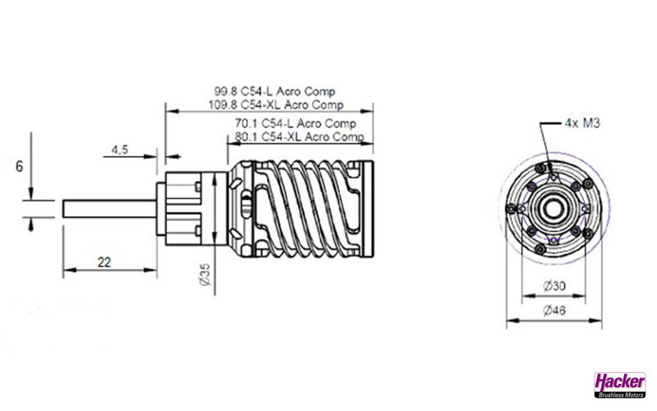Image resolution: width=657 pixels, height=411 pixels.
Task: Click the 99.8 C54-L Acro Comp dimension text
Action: tap(275, 91)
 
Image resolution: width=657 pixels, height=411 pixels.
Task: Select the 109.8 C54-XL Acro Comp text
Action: tap(276, 104)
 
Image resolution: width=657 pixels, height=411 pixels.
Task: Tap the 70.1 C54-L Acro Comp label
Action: tap(296, 123)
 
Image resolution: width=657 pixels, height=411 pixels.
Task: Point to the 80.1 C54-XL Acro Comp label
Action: tap(300, 136)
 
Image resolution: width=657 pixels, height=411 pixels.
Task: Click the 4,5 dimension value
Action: tap(120, 150)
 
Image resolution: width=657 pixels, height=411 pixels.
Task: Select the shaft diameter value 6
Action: tap(19, 167)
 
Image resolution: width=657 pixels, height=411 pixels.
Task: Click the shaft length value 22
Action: tap(104, 262)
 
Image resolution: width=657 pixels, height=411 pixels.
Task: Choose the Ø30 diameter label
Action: tap(554, 286)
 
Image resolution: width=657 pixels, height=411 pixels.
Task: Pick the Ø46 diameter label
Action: tap(554, 311)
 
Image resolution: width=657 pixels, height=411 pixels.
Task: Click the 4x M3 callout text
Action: tap(582, 122)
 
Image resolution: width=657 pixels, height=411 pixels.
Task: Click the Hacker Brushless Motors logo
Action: tap(620, 385)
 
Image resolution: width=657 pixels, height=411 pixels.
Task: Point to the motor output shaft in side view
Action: tap(110, 209)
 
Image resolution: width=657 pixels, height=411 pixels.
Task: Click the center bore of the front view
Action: tap(554, 209)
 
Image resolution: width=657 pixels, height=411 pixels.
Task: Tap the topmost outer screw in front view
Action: tap(541, 169)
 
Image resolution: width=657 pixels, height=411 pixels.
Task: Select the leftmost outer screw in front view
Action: tap(511, 209)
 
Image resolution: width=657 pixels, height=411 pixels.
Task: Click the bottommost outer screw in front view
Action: tap(540, 250)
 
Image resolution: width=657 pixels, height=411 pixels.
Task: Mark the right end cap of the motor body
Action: tap(368, 209)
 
